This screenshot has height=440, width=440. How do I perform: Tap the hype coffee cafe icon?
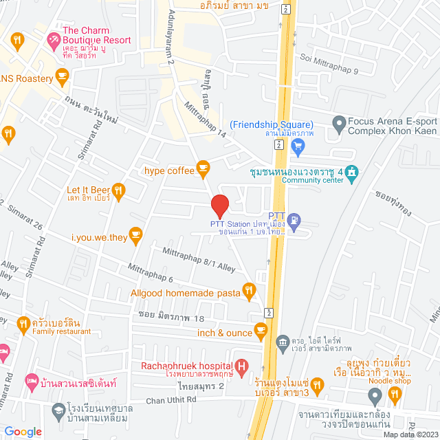click(202, 166)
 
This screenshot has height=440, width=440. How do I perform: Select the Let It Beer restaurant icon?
click(119, 190)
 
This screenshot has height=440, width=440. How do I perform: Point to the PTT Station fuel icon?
click(294, 221)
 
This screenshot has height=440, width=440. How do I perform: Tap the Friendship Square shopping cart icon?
click(298, 145)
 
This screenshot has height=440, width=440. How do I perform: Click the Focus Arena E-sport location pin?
click(338, 125)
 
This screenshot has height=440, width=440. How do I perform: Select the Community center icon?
click(353, 171)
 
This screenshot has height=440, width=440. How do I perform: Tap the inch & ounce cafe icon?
click(261, 331)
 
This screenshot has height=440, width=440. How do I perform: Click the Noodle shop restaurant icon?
click(395, 394)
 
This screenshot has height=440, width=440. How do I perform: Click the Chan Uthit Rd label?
click(170, 401)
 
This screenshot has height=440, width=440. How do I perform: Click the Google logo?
click(23, 432)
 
